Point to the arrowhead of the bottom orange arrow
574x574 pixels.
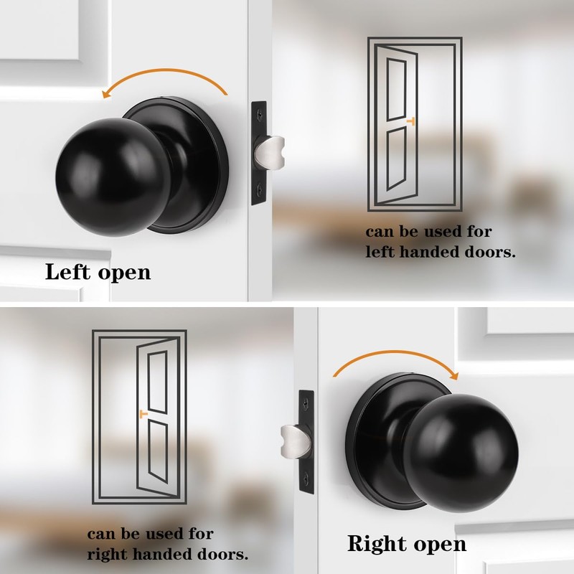pos(452,372)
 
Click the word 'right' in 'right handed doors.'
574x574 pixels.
pos(107,554)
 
